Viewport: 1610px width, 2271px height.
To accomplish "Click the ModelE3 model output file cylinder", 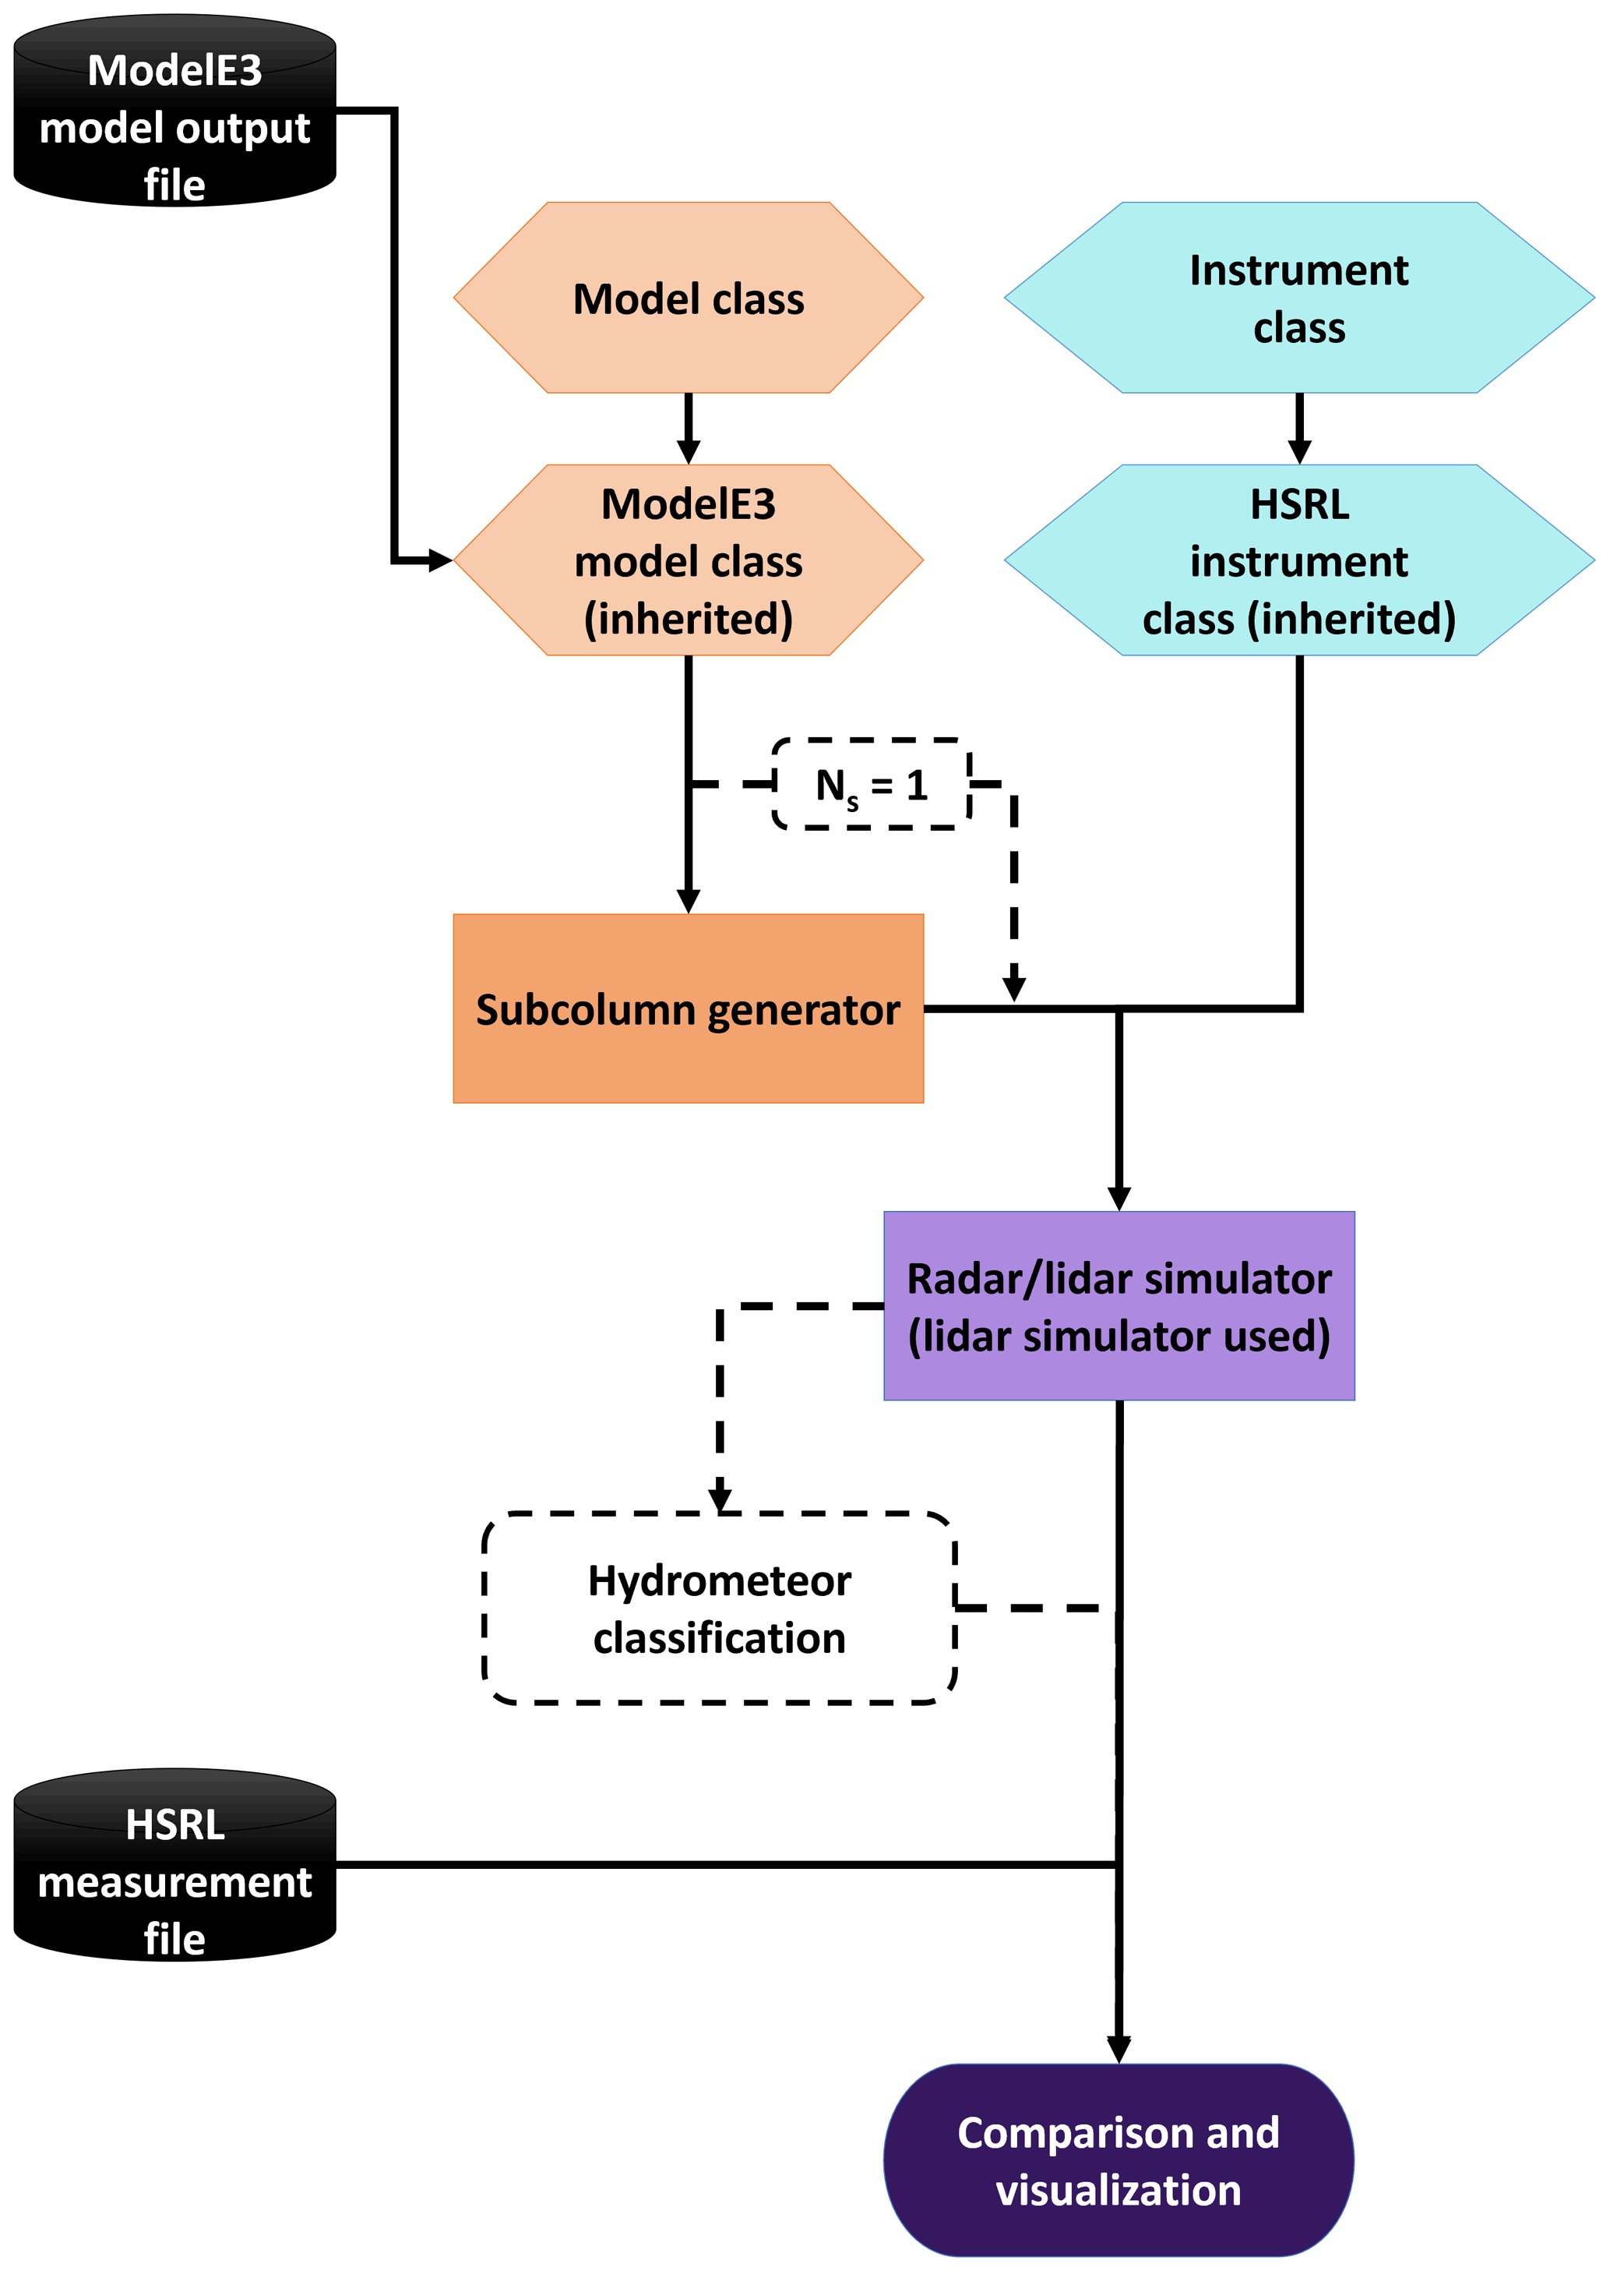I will click(174, 111).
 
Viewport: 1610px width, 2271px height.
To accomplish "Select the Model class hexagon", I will click(688, 298).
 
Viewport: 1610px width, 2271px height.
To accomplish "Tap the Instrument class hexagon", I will click(1298, 298).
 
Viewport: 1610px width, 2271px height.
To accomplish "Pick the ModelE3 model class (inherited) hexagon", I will click(688, 560).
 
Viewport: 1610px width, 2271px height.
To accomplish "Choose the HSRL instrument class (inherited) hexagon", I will click(1298, 560).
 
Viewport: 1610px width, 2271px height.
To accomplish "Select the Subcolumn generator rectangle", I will click(688, 1008).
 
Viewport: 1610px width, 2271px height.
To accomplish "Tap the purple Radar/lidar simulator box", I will click(1119, 1306).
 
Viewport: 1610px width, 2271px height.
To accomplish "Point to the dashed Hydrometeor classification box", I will click(719, 1609).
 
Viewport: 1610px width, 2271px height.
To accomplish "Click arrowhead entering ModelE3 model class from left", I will click(440, 560).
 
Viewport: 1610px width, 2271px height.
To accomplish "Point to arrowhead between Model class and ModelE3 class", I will click(688, 451).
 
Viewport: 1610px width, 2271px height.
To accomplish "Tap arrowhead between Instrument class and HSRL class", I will click(1298, 451).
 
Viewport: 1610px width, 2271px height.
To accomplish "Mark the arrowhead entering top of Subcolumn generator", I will click(688, 900).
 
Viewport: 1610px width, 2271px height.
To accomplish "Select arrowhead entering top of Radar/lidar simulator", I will click(1119, 1198).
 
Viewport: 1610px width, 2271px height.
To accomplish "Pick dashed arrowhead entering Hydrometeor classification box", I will click(720, 1499).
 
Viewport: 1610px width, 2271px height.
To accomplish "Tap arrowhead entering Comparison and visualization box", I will click(1119, 2049).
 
